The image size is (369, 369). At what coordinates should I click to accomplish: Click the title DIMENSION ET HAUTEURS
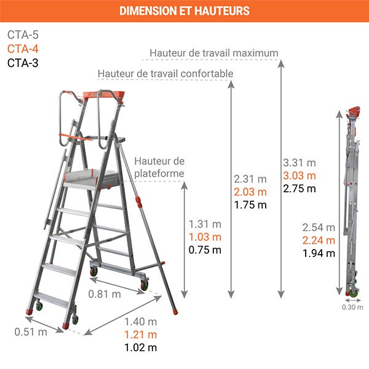coord(184,11)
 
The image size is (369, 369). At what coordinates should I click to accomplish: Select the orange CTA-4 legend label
coord(23,49)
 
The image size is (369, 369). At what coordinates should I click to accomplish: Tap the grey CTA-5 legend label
coord(23,35)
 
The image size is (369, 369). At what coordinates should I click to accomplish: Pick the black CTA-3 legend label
coord(23,62)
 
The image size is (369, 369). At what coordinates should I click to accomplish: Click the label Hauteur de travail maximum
coord(213,53)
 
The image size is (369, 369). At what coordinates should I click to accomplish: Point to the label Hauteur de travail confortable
coord(165,74)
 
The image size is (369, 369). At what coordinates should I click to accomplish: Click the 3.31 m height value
coord(299,163)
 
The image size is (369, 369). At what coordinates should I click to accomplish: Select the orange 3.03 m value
coord(299,176)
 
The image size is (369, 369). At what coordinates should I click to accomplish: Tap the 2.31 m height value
coord(250,179)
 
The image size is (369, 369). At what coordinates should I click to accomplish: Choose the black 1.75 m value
coord(250,205)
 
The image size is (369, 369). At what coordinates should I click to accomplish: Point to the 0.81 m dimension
coord(104,294)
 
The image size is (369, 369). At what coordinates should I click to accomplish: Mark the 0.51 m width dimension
coord(31,332)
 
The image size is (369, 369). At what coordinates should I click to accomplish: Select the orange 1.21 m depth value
coord(140,335)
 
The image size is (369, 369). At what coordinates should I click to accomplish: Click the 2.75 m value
coord(299,189)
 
